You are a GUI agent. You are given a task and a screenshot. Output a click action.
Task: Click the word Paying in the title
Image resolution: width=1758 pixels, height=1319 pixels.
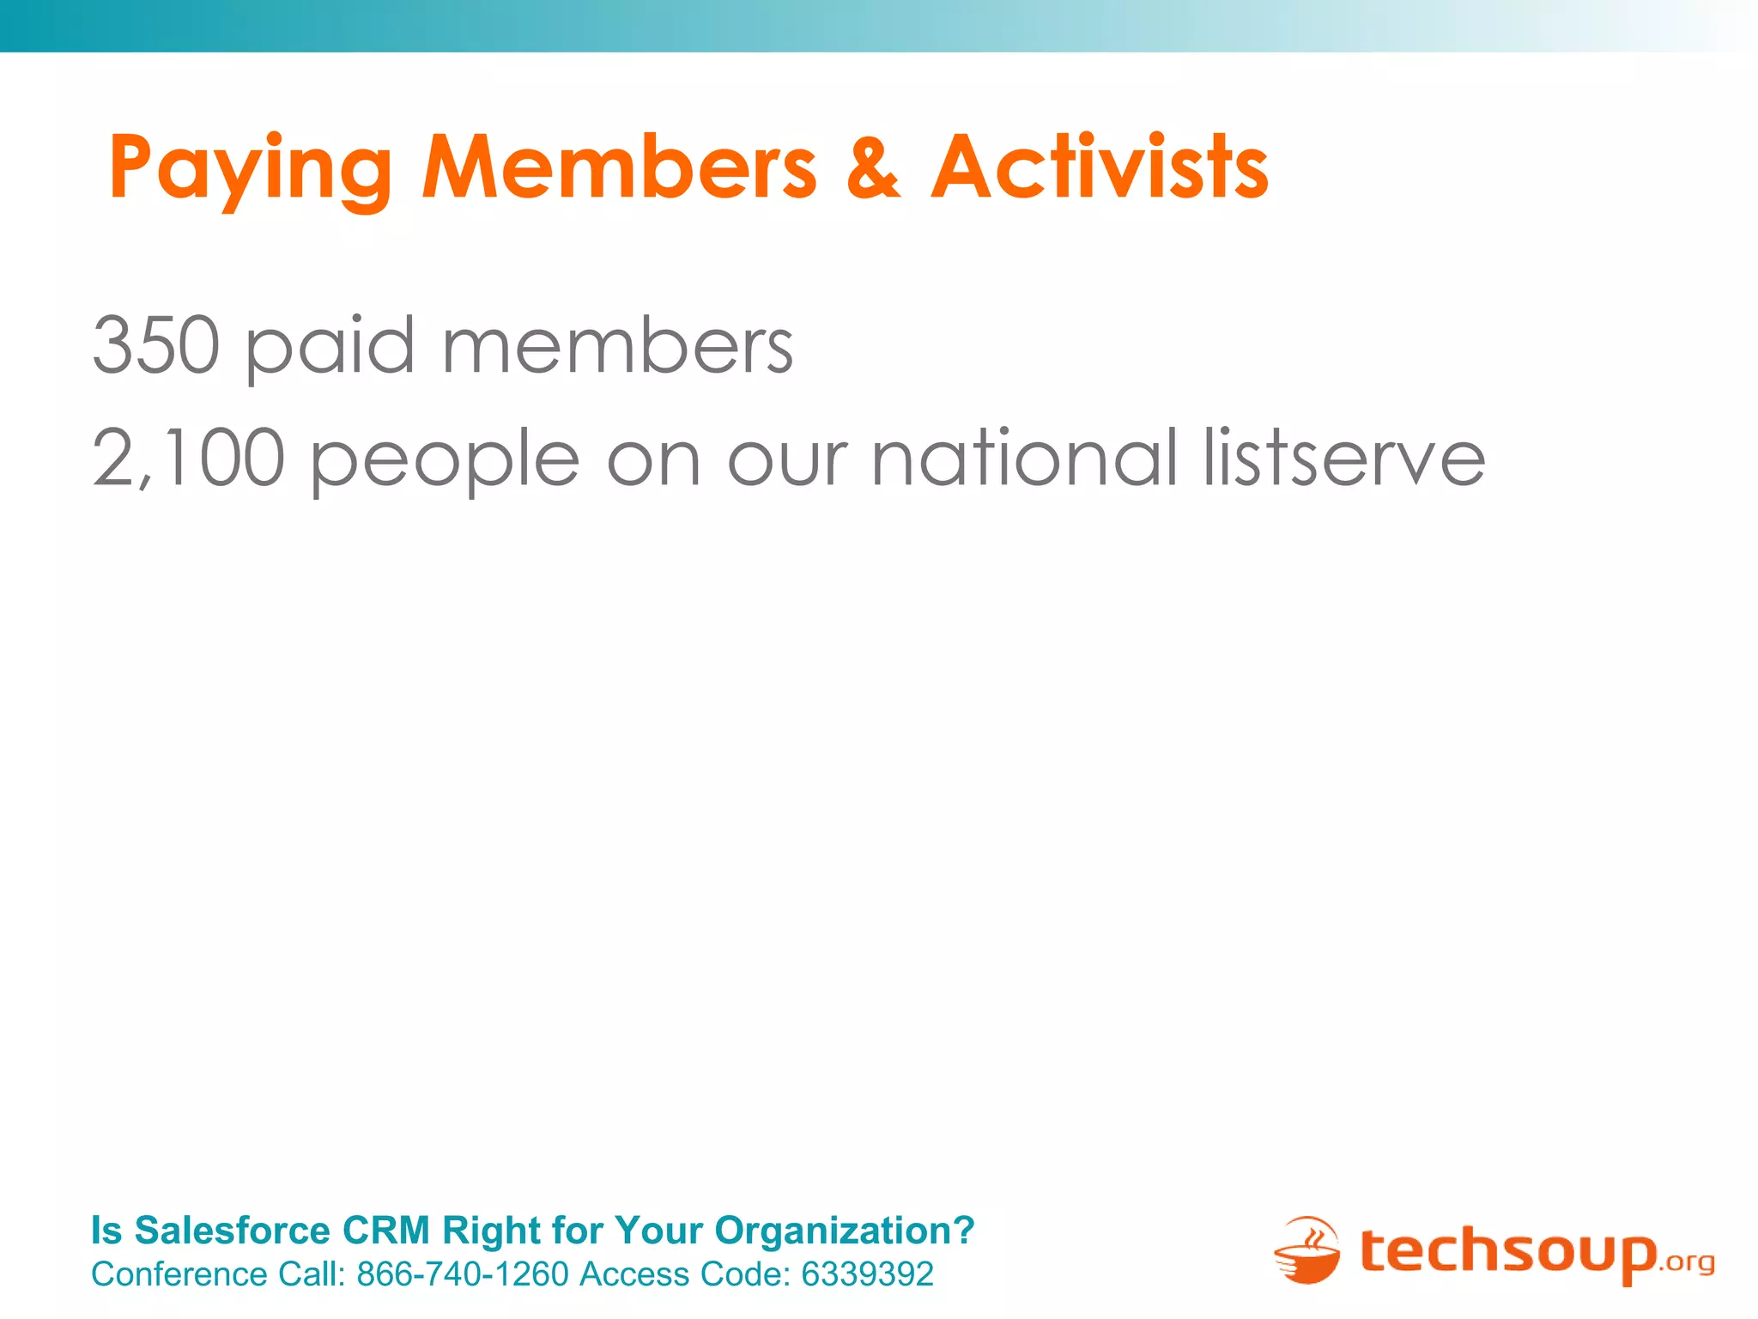[250, 169]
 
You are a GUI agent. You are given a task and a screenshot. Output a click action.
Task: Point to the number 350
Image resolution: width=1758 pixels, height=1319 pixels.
[156, 345]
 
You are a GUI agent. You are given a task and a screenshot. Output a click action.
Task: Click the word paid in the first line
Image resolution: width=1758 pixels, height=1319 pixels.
[330, 345]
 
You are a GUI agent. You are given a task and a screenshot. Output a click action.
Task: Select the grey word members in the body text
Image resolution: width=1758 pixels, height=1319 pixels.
[618, 345]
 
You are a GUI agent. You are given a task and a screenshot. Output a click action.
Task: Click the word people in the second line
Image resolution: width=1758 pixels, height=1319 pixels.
[445, 459]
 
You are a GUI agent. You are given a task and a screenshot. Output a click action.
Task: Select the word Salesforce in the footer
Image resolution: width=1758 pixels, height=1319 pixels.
[233, 1230]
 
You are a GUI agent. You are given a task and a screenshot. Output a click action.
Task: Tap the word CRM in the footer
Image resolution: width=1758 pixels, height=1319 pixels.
[386, 1230]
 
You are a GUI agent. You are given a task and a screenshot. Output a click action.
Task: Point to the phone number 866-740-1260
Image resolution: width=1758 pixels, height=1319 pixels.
[463, 1274]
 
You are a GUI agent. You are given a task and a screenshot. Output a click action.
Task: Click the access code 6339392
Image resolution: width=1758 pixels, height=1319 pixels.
[867, 1274]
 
